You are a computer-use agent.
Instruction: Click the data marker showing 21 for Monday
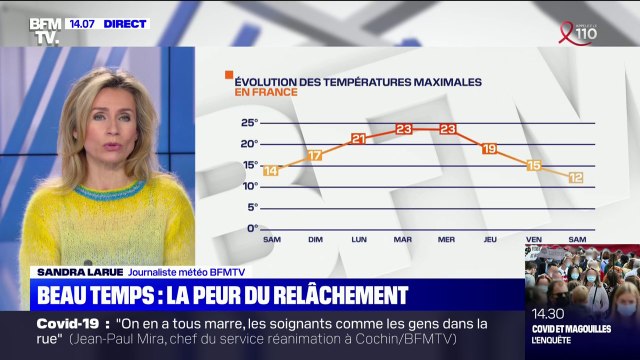[359, 139]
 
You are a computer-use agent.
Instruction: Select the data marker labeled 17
[315, 155]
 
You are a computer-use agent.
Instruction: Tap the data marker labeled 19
[489, 148]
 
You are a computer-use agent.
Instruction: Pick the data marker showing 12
[576, 177]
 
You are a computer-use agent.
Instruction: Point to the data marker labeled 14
[271, 170]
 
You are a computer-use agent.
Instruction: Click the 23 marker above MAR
[403, 129]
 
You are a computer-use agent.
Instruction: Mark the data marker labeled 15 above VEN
[533, 165]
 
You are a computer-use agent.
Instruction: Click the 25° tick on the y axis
[251, 123]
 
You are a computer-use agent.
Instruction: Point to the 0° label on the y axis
[253, 228]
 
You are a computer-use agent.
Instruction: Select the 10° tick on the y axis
[251, 186]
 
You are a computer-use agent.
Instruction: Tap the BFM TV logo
[44, 31]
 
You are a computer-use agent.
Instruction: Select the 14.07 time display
[81, 23]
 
